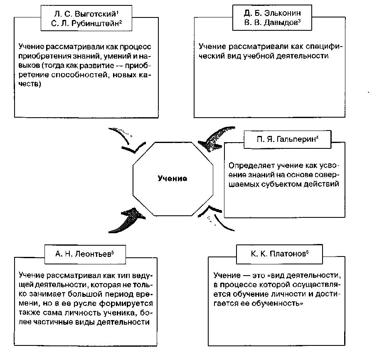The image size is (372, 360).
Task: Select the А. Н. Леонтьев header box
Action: [84, 254]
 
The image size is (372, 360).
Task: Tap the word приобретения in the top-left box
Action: [42, 57]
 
